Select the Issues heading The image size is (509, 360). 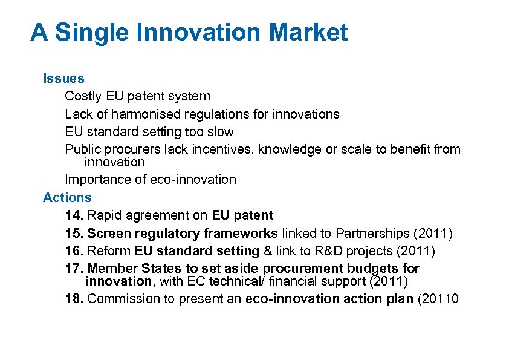point(63,78)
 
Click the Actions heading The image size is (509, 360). point(67,197)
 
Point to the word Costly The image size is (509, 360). point(83,96)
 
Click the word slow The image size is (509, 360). point(220,131)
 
